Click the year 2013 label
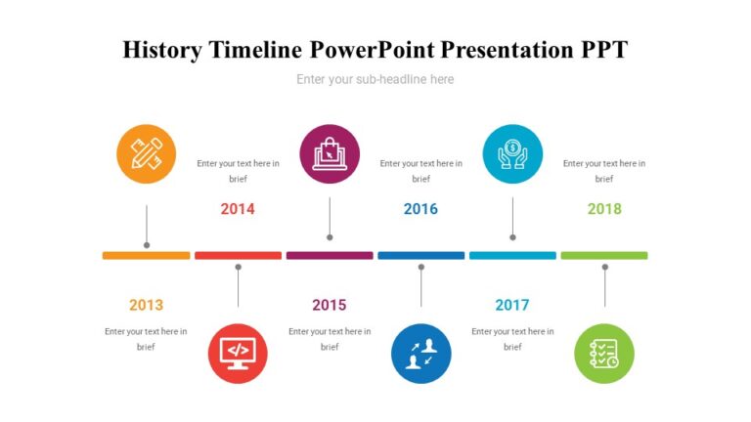(146, 305)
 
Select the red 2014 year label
(238, 208)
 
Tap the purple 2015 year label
(330, 305)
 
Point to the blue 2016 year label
(420, 208)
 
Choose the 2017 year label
(511, 305)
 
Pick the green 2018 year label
(604, 208)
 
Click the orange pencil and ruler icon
(147, 154)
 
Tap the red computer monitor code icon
(238, 353)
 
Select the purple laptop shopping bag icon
(330, 154)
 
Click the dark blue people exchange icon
(420, 353)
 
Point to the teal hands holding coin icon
(512, 154)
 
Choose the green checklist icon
(604, 353)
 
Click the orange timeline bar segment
(147, 255)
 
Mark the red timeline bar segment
(238, 255)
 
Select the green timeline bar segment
(604, 255)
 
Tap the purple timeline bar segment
(330, 255)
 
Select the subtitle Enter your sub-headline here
(375, 79)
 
